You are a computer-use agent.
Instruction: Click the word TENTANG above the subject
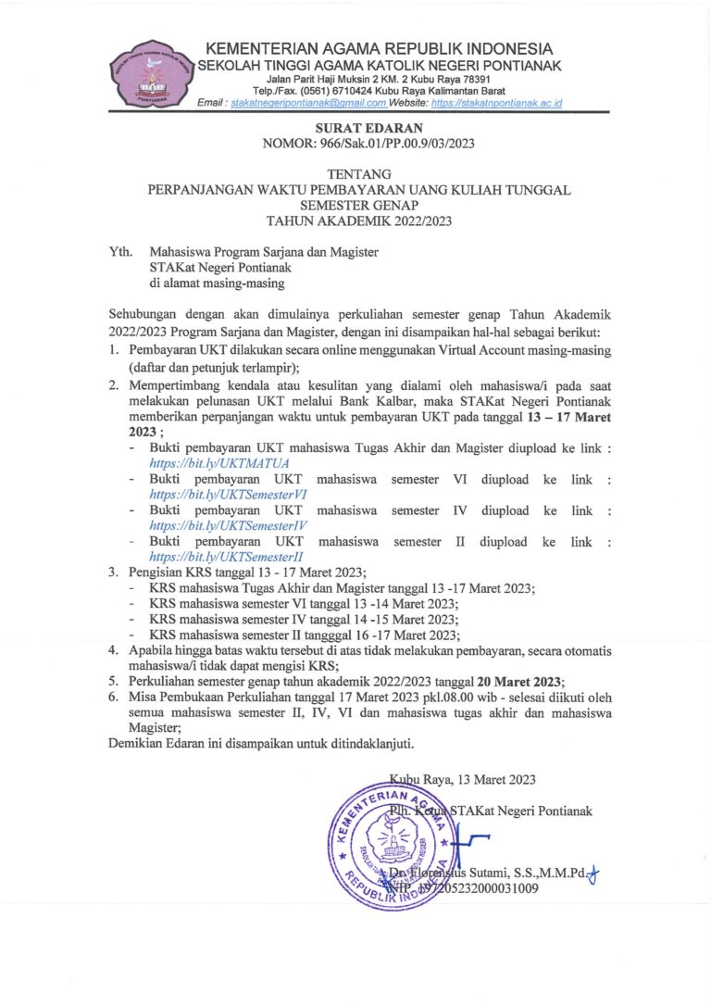[359, 173]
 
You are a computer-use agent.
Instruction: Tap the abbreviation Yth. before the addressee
[120, 251]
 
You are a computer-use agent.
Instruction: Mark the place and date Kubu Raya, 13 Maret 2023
[462, 779]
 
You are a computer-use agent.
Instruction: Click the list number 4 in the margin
[113, 650]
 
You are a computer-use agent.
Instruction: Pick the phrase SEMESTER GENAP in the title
[359, 205]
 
